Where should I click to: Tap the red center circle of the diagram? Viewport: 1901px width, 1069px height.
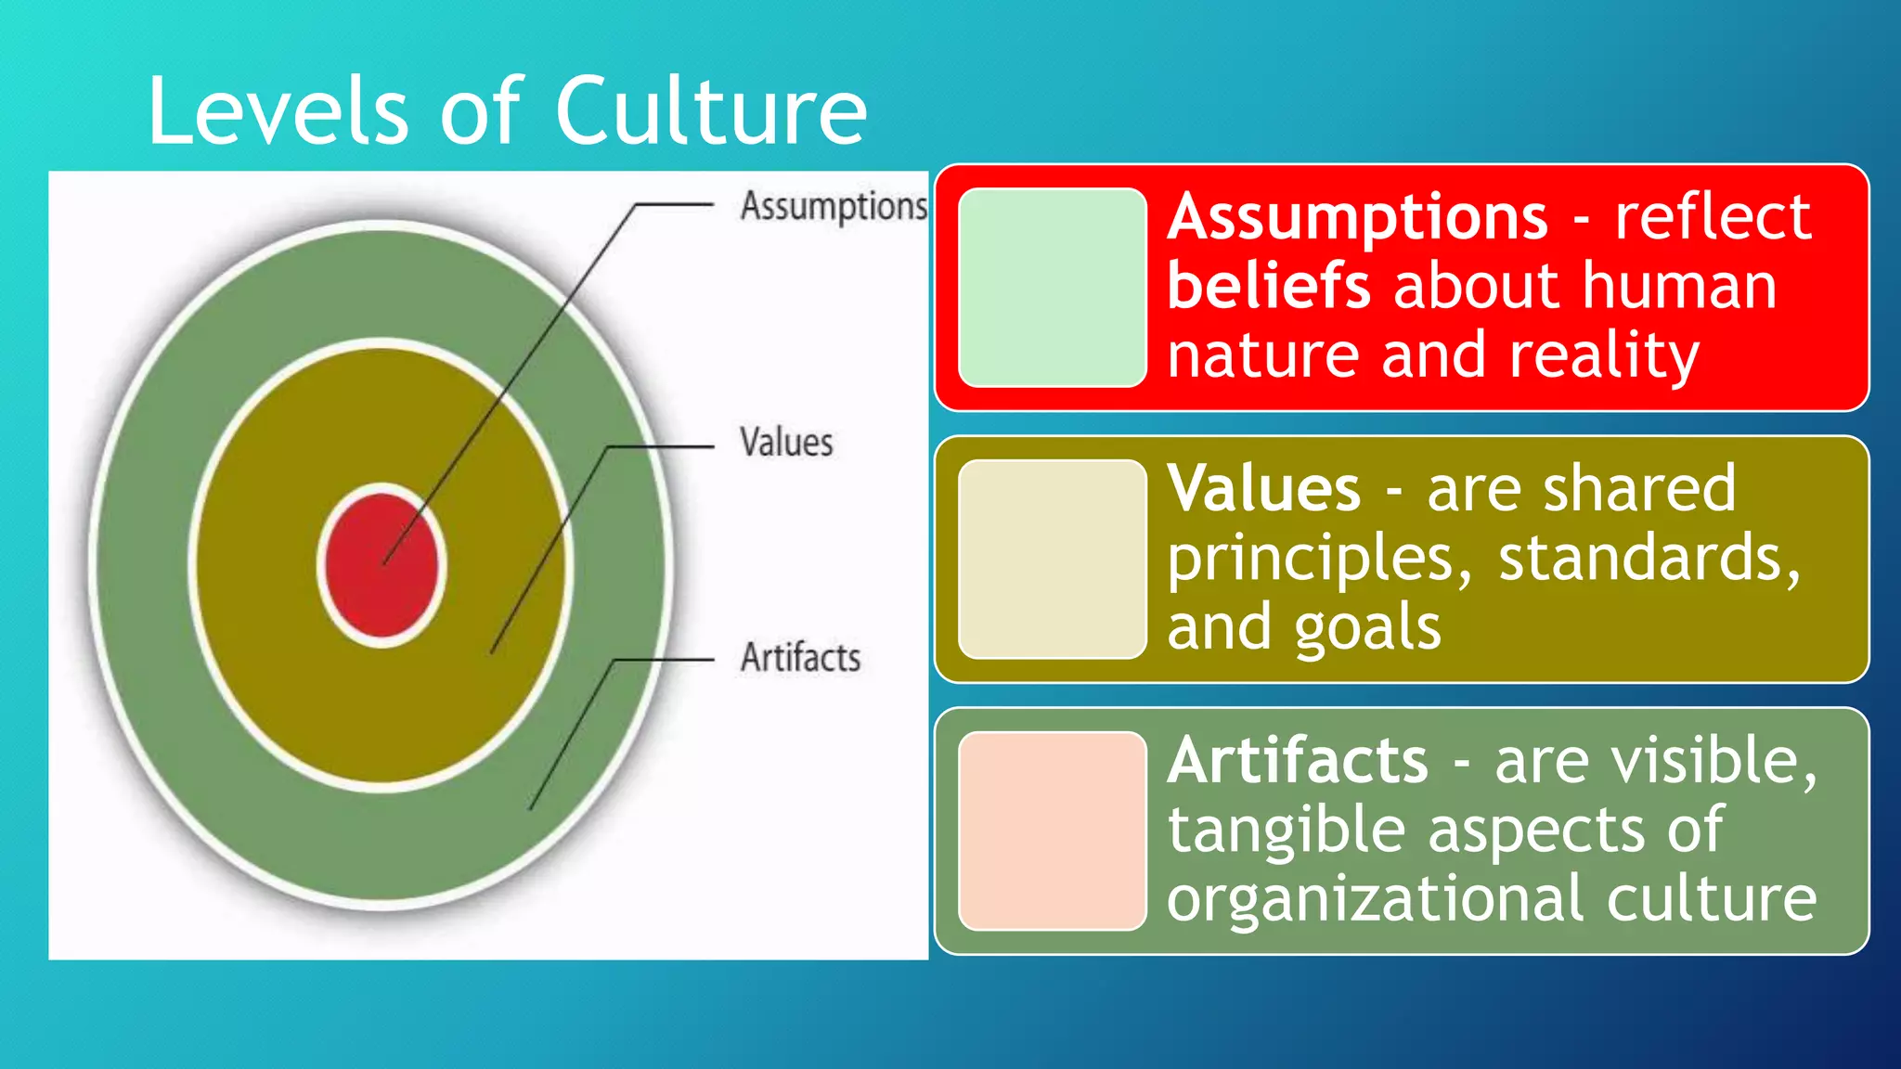tap(381, 567)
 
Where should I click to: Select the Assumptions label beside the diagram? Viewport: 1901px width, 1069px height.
tap(833, 206)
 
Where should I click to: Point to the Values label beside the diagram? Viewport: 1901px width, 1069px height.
tap(786, 443)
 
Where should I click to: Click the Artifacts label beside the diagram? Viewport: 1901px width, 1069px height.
tap(800, 658)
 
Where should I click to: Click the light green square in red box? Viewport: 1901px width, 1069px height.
tap(1052, 288)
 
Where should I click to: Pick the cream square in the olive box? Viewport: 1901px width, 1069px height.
tap(1052, 559)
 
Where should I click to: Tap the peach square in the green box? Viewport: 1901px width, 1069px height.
tap(1052, 831)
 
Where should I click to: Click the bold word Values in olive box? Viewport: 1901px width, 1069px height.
tap(1263, 489)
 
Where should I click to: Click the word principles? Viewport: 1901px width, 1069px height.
tap(1319, 560)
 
